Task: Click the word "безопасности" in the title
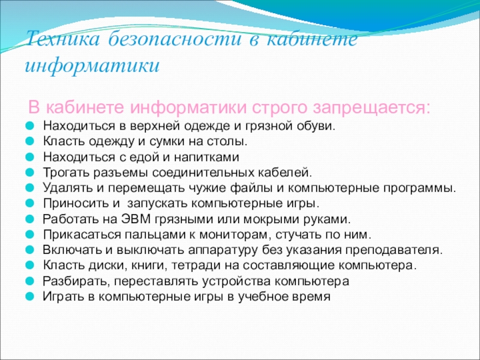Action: (x=175, y=39)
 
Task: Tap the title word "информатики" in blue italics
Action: (x=92, y=65)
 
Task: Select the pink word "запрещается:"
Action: (x=372, y=108)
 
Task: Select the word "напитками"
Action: (x=206, y=157)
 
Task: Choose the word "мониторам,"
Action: (x=235, y=235)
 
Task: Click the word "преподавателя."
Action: (x=394, y=250)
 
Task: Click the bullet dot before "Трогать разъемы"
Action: (x=29, y=172)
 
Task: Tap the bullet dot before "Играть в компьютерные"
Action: (x=29, y=296)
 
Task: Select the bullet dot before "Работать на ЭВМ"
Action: (x=29, y=219)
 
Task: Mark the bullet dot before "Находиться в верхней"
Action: (x=29, y=125)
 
